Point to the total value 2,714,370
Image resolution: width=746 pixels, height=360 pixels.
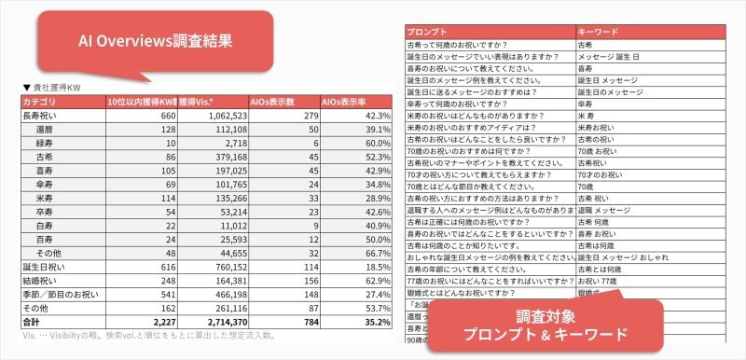(219, 321)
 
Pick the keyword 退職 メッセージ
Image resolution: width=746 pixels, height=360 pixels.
(607, 211)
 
